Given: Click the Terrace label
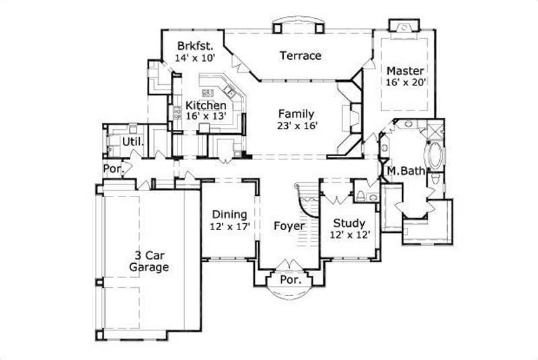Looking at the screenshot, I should pyautogui.click(x=300, y=56).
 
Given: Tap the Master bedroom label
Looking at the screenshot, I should pyautogui.click(x=404, y=71).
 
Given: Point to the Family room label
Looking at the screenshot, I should pyautogui.click(x=297, y=114).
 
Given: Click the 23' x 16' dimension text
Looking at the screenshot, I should pyautogui.click(x=297, y=125).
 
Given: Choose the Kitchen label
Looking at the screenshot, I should pyautogui.click(x=206, y=105).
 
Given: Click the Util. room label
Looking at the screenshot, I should pyautogui.click(x=130, y=141).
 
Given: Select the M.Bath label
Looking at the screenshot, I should pyautogui.click(x=406, y=171).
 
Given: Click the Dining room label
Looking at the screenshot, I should pyautogui.click(x=230, y=215).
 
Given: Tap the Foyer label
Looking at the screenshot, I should pyautogui.click(x=289, y=226).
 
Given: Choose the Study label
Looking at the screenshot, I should pyautogui.click(x=349, y=223).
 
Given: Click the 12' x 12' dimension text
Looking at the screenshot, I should pyautogui.click(x=349, y=235).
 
